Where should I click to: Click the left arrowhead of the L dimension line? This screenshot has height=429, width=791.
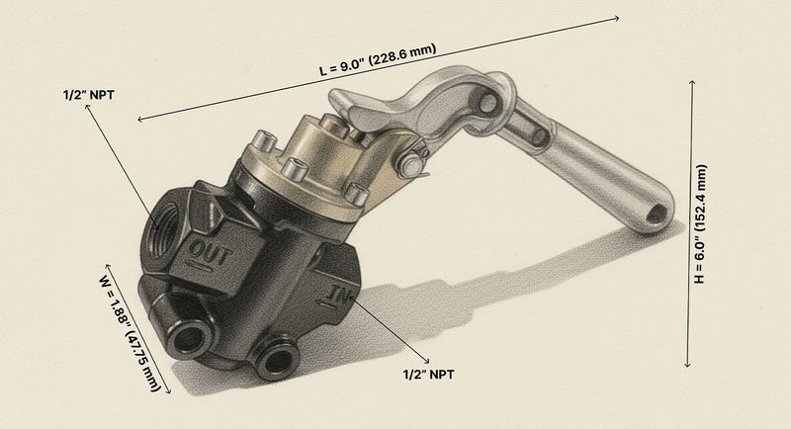click(x=139, y=120)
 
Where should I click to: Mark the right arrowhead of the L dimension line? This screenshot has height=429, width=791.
click(x=618, y=17)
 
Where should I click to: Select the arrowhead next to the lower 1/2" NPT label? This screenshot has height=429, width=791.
click(x=427, y=358)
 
